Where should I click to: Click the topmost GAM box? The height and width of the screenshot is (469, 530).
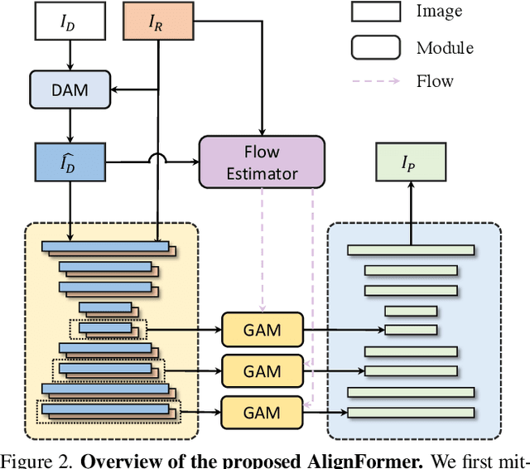tap(262, 331)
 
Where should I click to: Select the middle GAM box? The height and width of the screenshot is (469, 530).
tap(262, 370)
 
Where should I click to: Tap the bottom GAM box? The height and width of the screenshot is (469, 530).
tap(262, 412)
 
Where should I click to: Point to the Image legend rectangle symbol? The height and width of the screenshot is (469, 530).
tap(375, 12)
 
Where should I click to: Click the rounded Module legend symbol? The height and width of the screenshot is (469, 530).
tap(375, 46)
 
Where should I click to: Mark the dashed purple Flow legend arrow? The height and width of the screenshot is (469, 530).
tap(375, 81)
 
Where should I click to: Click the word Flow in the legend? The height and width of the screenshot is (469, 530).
tap(436, 81)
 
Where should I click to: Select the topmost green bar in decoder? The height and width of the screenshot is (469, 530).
tap(411, 250)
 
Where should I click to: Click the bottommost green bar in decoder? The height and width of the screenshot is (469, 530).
tap(411, 412)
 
